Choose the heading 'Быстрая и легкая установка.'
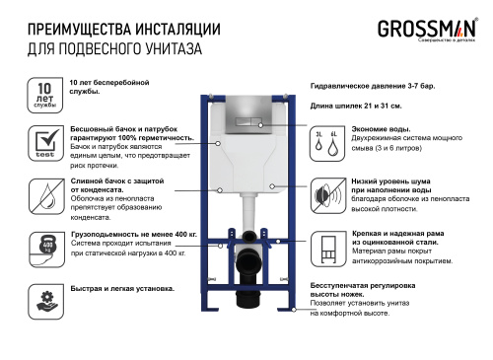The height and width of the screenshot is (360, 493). [122, 289]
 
